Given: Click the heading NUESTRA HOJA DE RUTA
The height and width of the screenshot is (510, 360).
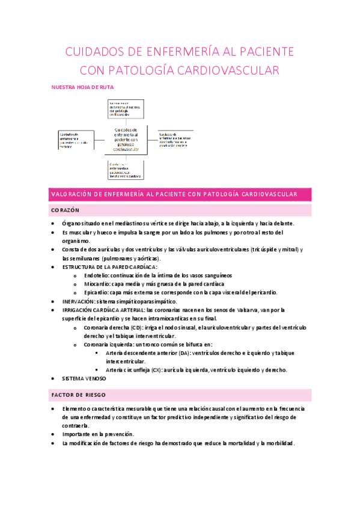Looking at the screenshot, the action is pos(82,87).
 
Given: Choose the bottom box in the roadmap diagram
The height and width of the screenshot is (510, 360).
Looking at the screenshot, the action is pos(125,170).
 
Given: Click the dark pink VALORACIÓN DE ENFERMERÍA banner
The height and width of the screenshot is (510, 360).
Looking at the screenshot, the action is pos(180,194).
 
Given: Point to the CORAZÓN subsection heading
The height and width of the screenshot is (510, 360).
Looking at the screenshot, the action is pos(66,210).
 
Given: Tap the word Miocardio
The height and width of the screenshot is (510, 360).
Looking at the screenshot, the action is pos(91,283).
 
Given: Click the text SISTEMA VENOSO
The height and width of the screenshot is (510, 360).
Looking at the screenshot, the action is pos(84,379).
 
